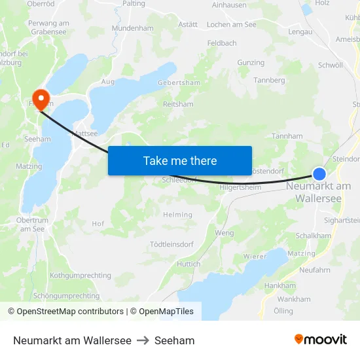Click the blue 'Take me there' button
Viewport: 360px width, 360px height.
click(x=180, y=160)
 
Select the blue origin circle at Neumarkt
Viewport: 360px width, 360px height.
click(x=319, y=173)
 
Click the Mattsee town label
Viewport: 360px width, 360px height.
click(x=84, y=133)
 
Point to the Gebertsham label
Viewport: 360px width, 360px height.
click(x=179, y=83)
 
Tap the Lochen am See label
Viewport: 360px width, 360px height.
click(x=231, y=24)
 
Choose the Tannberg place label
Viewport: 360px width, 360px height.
click(x=270, y=81)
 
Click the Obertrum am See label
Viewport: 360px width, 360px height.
click(x=32, y=225)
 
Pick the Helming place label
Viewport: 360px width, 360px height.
click(x=177, y=215)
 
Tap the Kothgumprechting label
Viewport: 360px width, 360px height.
click(x=81, y=276)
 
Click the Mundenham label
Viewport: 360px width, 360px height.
click(x=132, y=29)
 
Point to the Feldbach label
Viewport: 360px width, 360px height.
click(x=221, y=43)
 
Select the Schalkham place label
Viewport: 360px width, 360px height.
click(x=313, y=236)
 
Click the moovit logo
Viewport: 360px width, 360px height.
click(x=321, y=340)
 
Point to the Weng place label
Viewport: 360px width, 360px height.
click(x=224, y=233)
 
